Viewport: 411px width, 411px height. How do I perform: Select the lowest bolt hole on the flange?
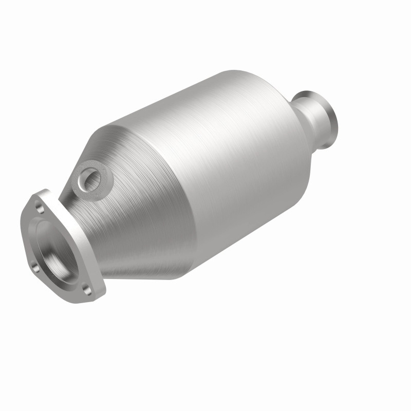coord(88,290)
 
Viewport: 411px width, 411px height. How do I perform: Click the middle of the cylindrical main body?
coord(216,170)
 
